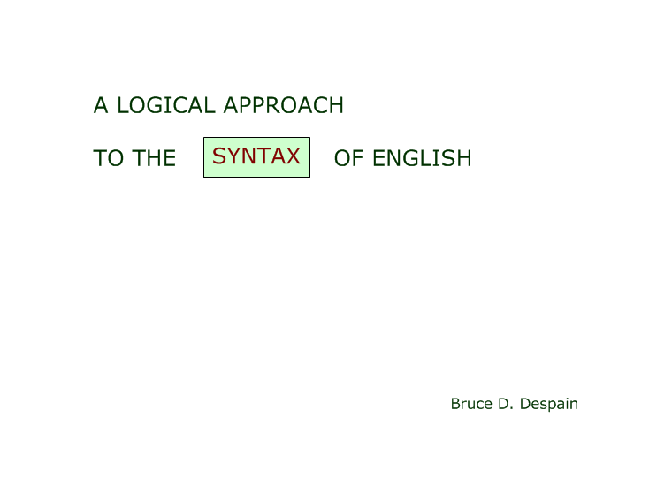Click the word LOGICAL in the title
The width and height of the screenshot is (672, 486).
[165, 105]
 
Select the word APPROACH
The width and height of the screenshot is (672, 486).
[283, 105]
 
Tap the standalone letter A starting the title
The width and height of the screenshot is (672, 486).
[100, 105]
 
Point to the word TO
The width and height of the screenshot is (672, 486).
[108, 158]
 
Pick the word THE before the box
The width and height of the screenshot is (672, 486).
[154, 158]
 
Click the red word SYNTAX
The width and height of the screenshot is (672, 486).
[256, 156]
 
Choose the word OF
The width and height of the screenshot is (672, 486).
[348, 158]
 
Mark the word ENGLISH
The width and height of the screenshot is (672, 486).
[422, 158]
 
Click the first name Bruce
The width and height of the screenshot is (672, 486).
[471, 404]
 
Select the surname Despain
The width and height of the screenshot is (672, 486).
[548, 404]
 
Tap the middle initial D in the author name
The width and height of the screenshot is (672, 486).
[503, 404]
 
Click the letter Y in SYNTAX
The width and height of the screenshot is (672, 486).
[235, 156]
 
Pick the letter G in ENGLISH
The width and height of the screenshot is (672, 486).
[412, 158]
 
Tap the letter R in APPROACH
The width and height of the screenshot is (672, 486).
[275, 105]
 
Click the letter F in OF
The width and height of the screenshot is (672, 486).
[358, 158]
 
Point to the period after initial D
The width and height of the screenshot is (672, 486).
[512, 408]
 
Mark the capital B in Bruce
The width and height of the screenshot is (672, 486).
[455, 404]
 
